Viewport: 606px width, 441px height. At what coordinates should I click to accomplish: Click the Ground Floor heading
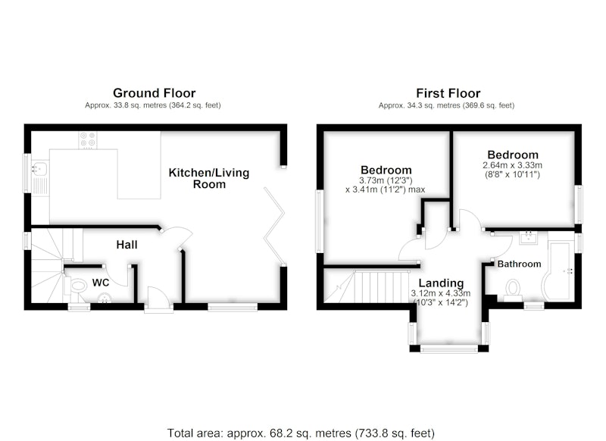click(155, 92)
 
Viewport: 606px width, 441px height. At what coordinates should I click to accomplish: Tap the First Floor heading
click(448, 93)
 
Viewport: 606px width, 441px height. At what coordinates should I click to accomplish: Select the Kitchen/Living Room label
click(209, 178)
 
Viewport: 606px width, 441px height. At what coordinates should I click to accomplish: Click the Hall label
click(127, 245)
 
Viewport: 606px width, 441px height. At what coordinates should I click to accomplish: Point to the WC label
click(101, 283)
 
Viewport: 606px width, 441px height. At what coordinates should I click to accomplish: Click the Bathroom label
click(519, 264)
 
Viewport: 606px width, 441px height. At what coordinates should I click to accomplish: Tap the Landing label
click(441, 283)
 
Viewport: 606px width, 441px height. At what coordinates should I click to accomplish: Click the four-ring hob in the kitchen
click(88, 140)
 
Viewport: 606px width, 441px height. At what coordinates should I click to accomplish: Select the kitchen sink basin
click(40, 168)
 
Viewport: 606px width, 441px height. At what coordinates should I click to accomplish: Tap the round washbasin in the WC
click(104, 298)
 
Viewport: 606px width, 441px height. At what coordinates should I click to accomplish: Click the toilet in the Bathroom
click(513, 290)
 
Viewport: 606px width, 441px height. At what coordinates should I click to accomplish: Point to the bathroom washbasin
click(527, 237)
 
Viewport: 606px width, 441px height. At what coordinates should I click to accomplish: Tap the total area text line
click(301, 433)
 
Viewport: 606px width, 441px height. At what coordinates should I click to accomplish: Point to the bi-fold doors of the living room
click(274, 226)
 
